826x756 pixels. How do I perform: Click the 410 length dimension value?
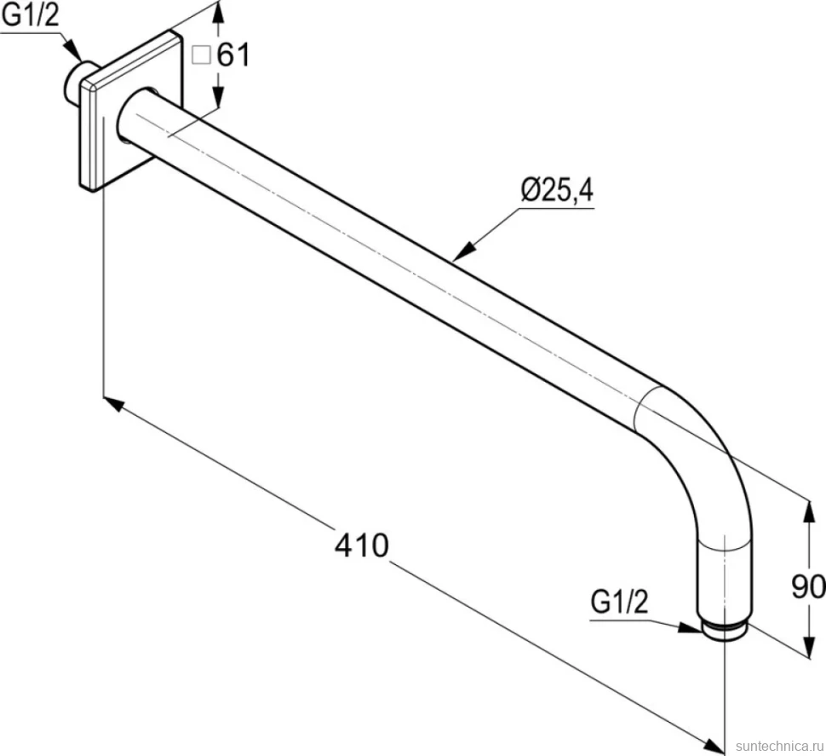[362, 545]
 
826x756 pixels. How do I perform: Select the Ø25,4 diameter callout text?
[557, 190]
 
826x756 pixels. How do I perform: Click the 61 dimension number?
[233, 55]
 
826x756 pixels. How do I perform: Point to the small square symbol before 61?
[201, 55]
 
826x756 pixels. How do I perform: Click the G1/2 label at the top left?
[31, 16]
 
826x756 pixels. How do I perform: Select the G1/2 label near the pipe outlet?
[620, 602]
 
